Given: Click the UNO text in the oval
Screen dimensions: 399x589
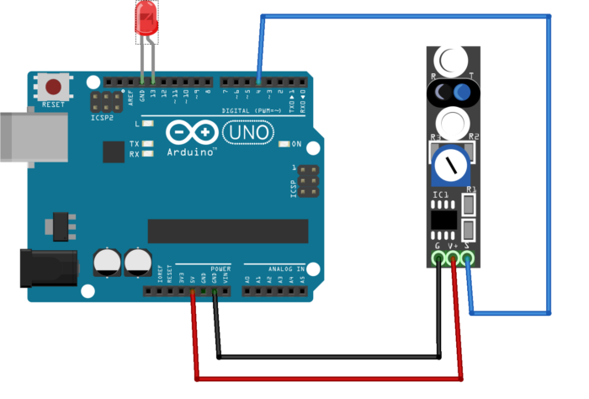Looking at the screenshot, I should click(247, 132).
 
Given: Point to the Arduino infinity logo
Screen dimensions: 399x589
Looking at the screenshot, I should click(190, 133).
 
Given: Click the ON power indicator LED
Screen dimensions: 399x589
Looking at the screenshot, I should click(284, 144).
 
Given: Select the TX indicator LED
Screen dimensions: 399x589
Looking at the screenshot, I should click(148, 144).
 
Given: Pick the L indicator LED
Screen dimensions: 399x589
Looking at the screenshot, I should click(148, 124).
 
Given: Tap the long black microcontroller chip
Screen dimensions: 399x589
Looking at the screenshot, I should click(228, 231).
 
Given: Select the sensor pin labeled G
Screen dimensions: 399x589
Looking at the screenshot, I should click(438, 258).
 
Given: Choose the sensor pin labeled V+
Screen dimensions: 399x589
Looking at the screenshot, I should click(454, 258).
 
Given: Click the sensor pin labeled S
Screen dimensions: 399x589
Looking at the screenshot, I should click(468, 258).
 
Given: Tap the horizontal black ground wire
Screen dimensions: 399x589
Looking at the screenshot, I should click(328, 358).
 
